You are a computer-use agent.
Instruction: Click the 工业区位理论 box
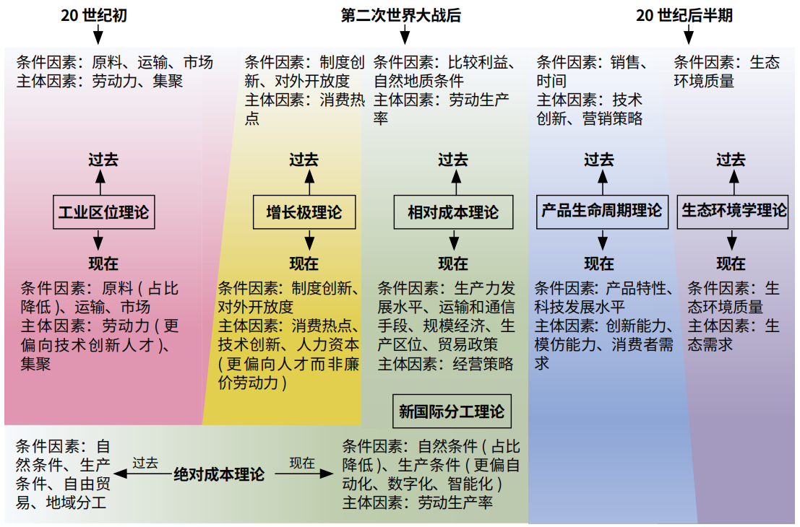103,212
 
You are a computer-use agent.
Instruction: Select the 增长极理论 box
304,212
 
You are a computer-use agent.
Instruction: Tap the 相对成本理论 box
453,212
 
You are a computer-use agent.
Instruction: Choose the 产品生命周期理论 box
601,211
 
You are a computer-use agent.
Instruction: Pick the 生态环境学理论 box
733,211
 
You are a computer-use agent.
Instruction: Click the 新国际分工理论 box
452,411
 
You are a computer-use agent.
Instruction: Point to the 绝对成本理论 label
219,474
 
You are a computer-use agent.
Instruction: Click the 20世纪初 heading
94,15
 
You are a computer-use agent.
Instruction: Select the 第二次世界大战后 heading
401,15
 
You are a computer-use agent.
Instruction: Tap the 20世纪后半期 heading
684,15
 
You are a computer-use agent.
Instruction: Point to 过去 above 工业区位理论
103,160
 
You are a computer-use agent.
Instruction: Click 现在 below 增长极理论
304,263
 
